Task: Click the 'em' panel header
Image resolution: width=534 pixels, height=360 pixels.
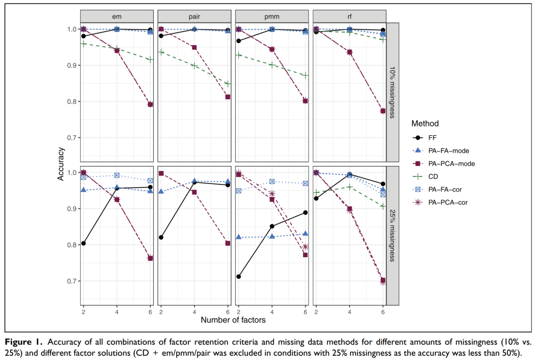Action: coord(117,16)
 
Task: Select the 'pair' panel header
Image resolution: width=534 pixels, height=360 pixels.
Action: coord(194,16)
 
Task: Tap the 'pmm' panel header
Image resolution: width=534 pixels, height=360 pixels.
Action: coord(272,16)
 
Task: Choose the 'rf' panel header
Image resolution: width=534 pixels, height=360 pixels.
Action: coord(349,16)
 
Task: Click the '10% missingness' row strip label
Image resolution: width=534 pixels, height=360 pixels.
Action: coord(393,90)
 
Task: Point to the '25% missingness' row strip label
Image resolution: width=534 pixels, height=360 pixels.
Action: coord(393,236)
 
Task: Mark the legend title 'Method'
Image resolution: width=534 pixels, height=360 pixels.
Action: coord(425,123)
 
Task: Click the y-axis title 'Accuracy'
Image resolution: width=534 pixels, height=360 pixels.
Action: coord(60,163)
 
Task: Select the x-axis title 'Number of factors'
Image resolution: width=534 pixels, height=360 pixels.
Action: coord(233,319)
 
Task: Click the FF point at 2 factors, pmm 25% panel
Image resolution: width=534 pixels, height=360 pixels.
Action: coord(238,276)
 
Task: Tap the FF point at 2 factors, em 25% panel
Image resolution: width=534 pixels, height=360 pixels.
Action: coord(84,243)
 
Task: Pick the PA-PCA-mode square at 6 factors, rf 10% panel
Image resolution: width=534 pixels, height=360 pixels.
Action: coord(383,111)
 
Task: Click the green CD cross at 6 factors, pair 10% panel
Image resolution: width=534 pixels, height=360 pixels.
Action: coord(228,83)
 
